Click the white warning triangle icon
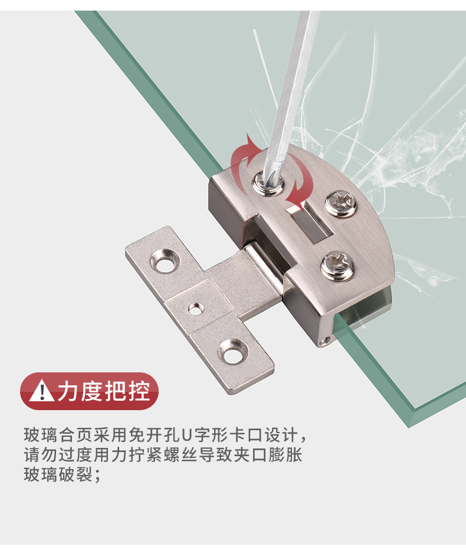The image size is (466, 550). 41,391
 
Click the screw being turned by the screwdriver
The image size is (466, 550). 267,182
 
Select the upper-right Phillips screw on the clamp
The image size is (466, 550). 341,203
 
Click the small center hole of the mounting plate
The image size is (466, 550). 194,307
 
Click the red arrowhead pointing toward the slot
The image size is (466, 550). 293,204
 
